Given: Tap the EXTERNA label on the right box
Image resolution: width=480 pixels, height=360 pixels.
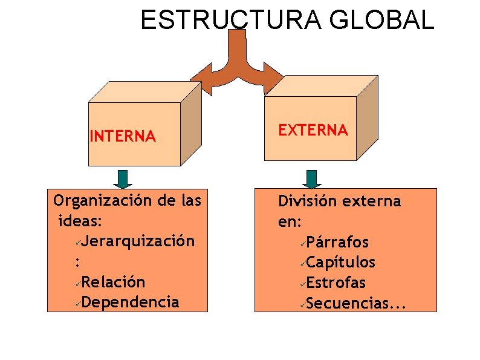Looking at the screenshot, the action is coord(313,130).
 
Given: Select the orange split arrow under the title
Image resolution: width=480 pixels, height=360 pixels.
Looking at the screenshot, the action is coord(237,67).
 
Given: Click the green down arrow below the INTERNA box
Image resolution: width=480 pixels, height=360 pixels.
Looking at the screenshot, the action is coord(123,178).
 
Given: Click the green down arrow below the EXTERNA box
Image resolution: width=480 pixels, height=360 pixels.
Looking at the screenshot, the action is coord(311,178).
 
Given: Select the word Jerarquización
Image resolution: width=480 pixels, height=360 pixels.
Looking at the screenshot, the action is coord(138,241).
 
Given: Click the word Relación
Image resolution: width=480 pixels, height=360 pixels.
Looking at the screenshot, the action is coord(114,282).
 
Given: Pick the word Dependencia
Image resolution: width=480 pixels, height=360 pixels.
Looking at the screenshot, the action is coord(131,302).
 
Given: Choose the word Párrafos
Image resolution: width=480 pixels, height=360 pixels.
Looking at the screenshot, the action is coord(337,243).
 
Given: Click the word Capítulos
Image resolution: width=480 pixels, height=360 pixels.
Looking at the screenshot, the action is coord(341,263).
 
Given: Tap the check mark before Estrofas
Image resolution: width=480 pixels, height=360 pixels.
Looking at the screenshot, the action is coord(302,284).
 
